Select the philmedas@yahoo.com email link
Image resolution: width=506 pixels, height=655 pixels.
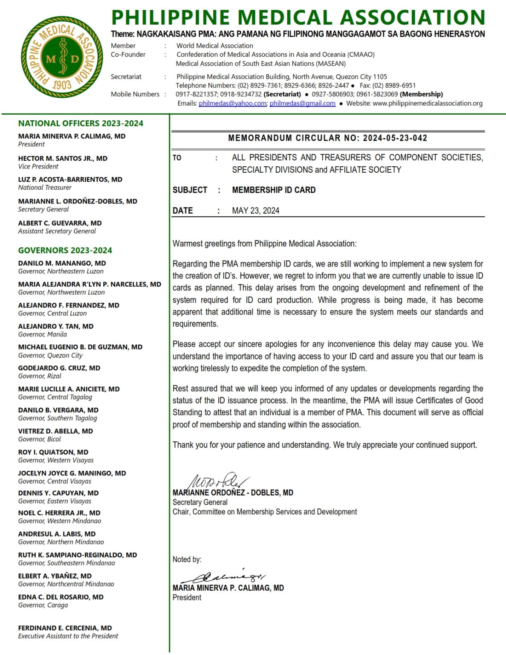(232, 103)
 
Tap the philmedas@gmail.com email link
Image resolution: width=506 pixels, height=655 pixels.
(302, 103)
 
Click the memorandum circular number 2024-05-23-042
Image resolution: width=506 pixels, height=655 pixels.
(395, 138)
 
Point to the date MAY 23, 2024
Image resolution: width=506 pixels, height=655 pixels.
(255, 211)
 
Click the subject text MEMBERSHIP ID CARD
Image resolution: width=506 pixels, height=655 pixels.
(274, 190)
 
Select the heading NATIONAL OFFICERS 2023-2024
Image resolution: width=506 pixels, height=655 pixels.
(81, 124)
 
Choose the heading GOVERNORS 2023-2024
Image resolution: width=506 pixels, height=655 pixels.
(65, 250)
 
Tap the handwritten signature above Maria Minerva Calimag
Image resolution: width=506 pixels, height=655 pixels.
(224, 577)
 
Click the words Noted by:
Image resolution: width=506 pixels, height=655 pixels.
(187, 559)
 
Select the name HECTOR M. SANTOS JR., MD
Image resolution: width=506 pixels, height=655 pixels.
(63, 158)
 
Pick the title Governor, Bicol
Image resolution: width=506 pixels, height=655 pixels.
(39, 439)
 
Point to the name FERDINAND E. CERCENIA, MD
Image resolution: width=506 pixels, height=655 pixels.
(65, 628)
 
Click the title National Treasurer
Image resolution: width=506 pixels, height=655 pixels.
(45, 188)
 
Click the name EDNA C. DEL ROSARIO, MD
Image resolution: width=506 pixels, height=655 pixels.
(61, 597)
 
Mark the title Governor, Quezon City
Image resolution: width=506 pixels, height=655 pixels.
(50, 355)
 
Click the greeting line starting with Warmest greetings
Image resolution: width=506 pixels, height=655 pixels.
(264, 244)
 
